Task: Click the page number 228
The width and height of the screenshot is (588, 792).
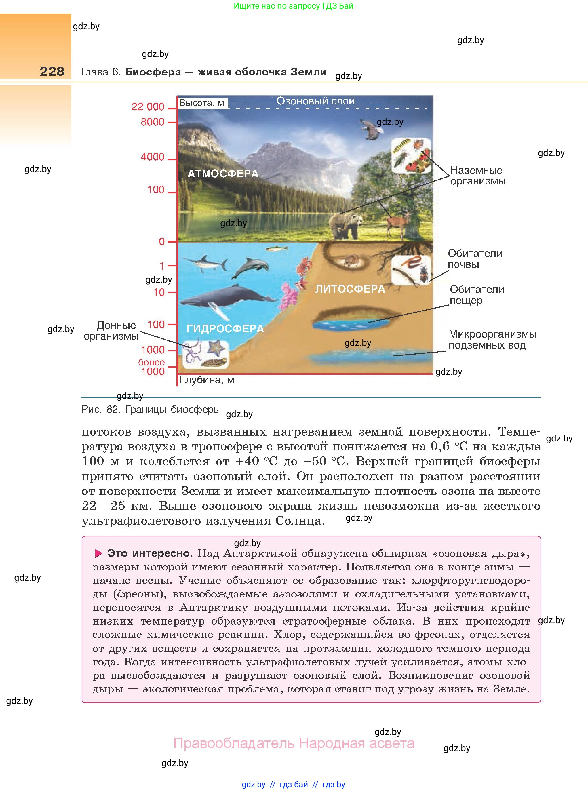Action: pyautogui.click(x=52, y=72)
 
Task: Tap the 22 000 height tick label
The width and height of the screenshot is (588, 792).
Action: pyautogui.click(x=148, y=106)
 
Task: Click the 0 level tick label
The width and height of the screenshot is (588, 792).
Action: pyautogui.click(x=161, y=242)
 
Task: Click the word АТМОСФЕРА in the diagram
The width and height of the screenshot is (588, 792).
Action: pyautogui.click(x=223, y=174)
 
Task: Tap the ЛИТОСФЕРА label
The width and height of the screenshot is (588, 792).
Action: pyautogui.click(x=350, y=289)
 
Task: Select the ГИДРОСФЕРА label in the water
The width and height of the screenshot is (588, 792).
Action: pyautogui.click(x=225, y=329)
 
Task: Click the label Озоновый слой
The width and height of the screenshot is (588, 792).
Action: pyautogui.click(x=315, y=101)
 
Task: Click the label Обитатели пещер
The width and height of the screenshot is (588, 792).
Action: pyautogui.click(x=476, y=295)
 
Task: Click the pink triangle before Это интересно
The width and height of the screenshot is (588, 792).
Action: pyautogui.click(x=98, y=553)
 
